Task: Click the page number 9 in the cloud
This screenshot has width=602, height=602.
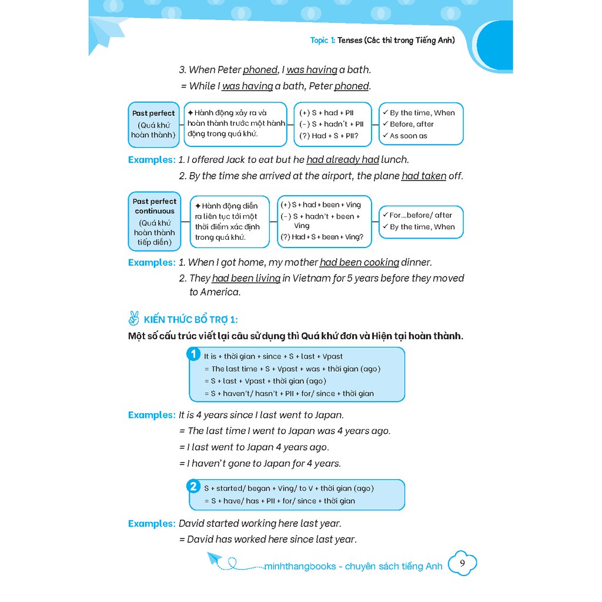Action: point(462,564)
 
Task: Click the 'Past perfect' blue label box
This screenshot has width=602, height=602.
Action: point(153,124)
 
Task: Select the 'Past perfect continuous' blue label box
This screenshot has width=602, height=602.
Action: point(155,222)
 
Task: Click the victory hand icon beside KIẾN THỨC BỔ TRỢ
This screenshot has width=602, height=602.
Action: point(133,319)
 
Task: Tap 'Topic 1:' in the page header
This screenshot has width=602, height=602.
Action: point(323,41)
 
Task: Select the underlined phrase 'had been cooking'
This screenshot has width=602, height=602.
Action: point(359,262)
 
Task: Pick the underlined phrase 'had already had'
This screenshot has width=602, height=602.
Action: point(343,159)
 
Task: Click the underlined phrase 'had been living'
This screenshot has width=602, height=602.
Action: point(246,278)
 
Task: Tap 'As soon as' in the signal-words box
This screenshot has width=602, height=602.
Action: point(409,136)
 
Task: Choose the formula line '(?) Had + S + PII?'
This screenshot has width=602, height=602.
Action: point(328,136)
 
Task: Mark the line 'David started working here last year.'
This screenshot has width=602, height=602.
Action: point(260,523)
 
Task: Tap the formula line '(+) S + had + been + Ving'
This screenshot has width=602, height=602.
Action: point(320,205)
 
